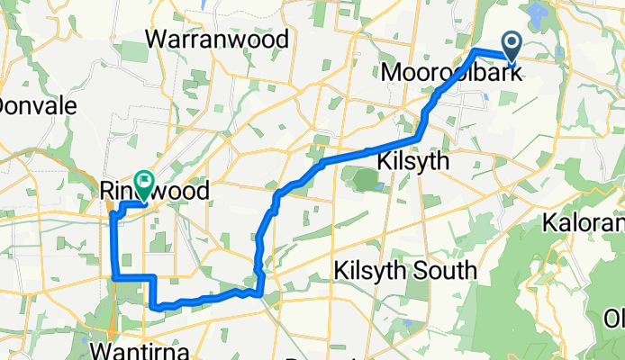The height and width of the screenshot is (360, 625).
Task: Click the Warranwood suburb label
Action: pyautogui.click(x=221, y=40)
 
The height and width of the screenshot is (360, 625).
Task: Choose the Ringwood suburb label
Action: pyautogui.click(x=154, y=191)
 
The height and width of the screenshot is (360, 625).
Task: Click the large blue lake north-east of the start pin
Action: pyautogui.click(x=539, y=13)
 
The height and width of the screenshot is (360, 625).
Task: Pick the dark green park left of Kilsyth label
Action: pyautogui.click(x=362, y=179)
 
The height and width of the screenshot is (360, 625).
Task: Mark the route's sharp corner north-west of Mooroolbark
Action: pyautogui.click(x=476, y=50)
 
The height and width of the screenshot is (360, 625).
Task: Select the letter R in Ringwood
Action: pyautogui.click(x=107, y=191)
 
